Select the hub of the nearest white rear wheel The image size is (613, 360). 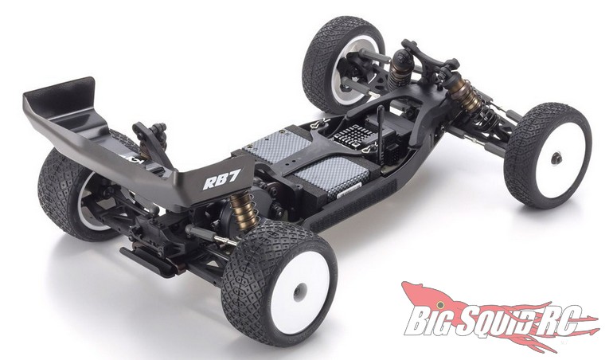tap(299, 292)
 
